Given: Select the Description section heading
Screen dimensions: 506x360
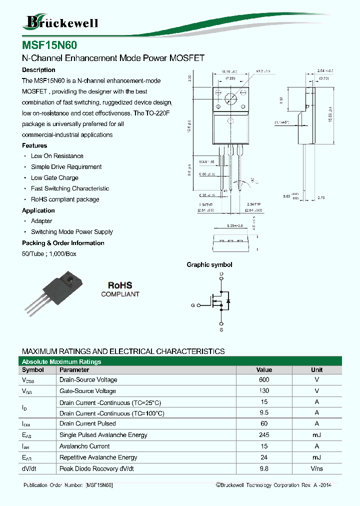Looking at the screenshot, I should click(38, 70).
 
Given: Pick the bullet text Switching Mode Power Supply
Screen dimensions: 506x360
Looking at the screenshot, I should click(72, 232).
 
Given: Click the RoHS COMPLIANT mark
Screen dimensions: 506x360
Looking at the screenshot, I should click(120, 289).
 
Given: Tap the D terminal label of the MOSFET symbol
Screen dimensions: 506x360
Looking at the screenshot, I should click(221, 274).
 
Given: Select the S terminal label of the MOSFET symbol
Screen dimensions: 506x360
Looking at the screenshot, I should click(221, 330).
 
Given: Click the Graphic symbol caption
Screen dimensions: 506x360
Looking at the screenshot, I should click(209, 265).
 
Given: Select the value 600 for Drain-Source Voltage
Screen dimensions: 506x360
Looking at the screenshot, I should click(264, 380).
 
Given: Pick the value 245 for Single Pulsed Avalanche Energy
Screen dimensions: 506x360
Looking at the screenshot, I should click(264, 435).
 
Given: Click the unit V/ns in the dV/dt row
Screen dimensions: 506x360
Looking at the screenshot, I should click(316, 468).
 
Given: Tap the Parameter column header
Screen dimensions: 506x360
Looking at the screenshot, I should click(74, 370).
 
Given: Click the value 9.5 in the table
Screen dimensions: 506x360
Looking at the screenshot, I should click(264, 413).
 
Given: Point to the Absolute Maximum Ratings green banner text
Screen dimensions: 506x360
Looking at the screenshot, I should click(61, 361).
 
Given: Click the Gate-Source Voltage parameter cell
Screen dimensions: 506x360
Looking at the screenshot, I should click(87, 391).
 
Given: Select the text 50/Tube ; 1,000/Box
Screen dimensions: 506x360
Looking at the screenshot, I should click(49, 254).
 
